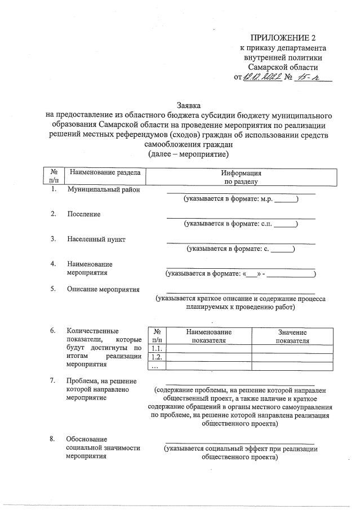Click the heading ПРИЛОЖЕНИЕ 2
tap(284, 38)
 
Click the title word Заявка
tap(188, 105)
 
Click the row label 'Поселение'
tap(83, 215)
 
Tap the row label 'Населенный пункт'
tap(96, 239)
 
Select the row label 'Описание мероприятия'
tap(103, 290)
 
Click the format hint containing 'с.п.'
tap(241, 224)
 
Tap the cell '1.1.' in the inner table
tap(157, 349)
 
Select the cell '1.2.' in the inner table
tap(157, 357)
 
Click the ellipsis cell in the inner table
tap(157, 366)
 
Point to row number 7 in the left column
tap(53, 380)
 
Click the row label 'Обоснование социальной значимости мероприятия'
tap(103, 447)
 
